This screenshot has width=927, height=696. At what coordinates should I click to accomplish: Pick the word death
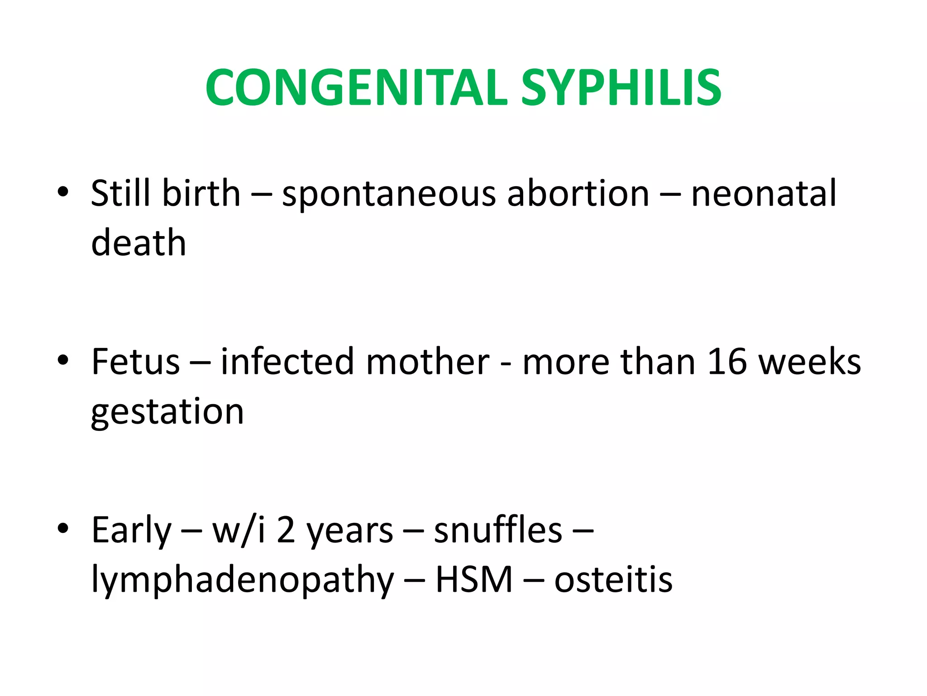pyautogui.click(x=139, y=242)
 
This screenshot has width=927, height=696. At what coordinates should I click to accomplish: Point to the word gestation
pyautogui.click(x=167, y=412)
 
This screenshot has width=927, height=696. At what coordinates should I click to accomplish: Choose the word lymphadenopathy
pyautogui.click(x=243, y=580)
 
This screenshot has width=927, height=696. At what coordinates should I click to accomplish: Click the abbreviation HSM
pyautogui.click(x=474, y=580)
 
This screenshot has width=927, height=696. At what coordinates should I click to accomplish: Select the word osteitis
pyautogui.click(x=613, y=580)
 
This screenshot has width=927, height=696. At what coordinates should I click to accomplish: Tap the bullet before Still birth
pyautogui.click(x=63, y=192)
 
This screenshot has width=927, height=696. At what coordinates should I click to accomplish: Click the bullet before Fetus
pyautogui.click(x=63, y=361)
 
